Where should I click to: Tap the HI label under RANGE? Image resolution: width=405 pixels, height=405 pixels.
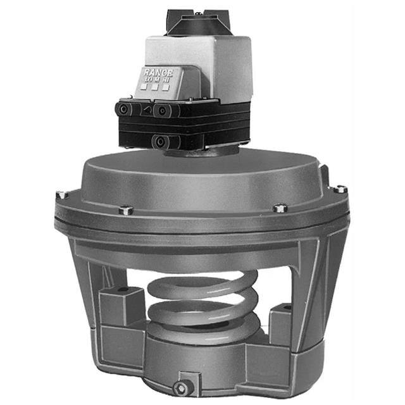coord(166,80)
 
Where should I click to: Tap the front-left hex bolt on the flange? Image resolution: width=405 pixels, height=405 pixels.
coord(126,209)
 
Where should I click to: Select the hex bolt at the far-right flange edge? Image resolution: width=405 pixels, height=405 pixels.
coord(340,189)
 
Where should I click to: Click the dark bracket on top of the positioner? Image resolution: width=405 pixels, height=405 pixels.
coord(197,23)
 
